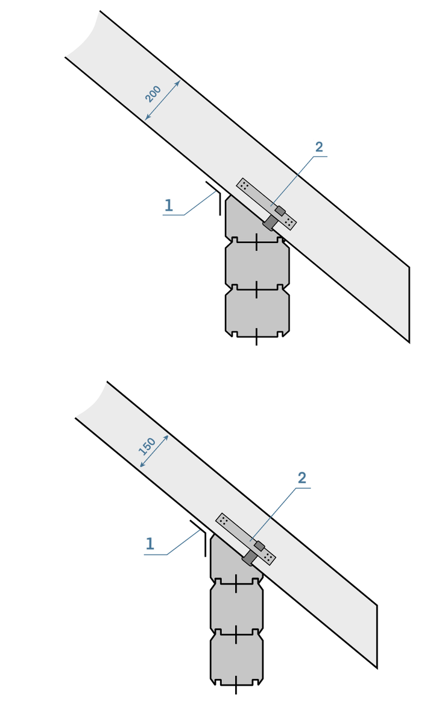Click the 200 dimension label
(153, 94)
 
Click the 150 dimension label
(147, 446)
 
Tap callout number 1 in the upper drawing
(169, 205)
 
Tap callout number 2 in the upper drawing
(319, 147)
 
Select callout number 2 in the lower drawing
(302, 478)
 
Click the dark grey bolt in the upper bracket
(270, 223)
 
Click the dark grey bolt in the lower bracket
(249, 557)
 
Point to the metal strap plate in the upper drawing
(267, 204)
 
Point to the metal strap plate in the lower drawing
(245, 539)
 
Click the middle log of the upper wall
(257, 265)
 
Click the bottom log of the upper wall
(257, 313)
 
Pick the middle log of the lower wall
(236, 607)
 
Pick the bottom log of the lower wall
(236, 656)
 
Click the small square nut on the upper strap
(280, 211)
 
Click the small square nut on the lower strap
(259, 546)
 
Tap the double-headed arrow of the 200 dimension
(162, 101)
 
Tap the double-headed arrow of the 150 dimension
(154, 451)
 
